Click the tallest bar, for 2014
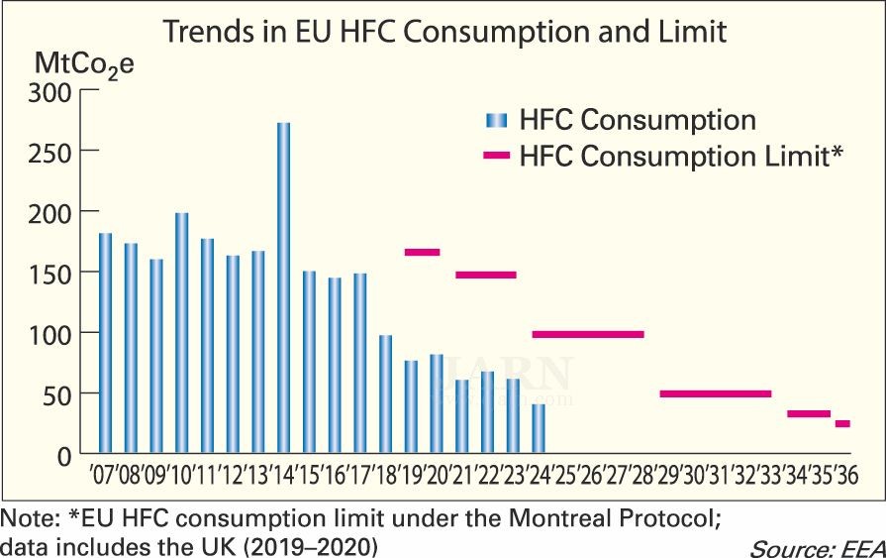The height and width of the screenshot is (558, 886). click(284, 287)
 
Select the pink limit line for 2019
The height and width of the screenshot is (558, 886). click(422, 252)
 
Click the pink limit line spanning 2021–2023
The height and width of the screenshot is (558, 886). click(486, 275)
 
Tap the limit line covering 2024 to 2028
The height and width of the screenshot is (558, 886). click(588, 335)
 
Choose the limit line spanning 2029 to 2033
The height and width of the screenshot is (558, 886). click(715, 393)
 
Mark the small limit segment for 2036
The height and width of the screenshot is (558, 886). click(842, 424)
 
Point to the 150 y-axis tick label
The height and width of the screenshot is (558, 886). click(47, 273)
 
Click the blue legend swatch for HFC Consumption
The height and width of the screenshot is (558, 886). click(496, 121)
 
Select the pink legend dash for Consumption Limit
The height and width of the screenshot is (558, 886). click(496, 156)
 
